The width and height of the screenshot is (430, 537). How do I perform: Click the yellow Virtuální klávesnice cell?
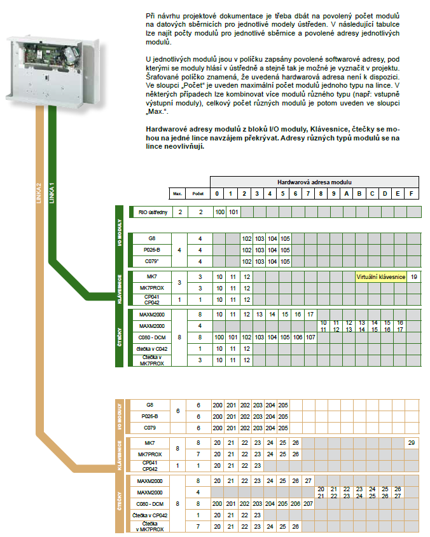pos(380,277)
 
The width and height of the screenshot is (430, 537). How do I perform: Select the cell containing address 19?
pos(413,277)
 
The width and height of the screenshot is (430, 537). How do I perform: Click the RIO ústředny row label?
pos(152,212)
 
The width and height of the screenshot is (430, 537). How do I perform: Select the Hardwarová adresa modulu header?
pos(315,182)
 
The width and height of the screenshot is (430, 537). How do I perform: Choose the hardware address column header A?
pos(347,193)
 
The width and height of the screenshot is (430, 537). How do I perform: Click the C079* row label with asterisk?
pos(151,261)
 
